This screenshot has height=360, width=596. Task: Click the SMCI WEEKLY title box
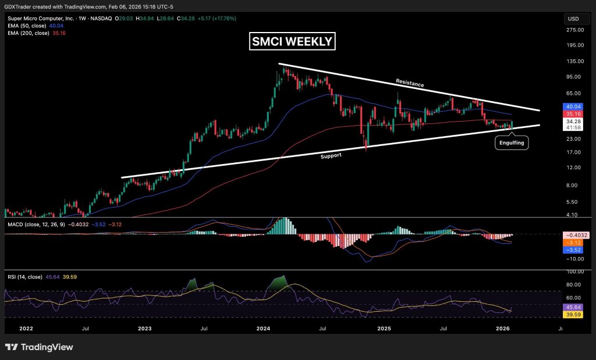(x=292, y=41)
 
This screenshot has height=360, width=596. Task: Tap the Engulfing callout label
(x=512, y=143)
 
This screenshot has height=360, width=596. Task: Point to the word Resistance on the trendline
(x=410, y=83)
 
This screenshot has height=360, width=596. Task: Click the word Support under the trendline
(x=331, y=156)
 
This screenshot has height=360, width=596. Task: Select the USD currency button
(x=573, y=19)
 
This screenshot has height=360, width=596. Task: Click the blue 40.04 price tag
(x=573, y=106)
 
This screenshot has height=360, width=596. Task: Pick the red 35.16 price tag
(x=573, y=114)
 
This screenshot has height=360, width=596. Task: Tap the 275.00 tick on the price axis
(x=574, y=30)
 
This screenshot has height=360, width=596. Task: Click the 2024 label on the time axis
(x=264, y=329)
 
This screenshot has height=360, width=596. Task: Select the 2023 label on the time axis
(x=145, y=329)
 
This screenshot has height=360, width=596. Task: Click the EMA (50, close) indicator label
(x=27, y=26)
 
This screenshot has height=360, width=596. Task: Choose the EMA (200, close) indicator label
(x=29, y=33)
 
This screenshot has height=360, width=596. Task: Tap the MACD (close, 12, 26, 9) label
(x=37, y=224)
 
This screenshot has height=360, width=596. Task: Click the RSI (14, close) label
(x=25, y=277)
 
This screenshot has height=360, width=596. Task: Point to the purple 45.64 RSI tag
(x=573, y=307)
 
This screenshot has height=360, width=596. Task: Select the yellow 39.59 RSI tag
(x=573, y=315)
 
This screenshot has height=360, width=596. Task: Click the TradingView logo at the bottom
(x=39, y=347)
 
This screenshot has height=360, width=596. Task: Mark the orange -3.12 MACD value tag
(x=576, y=243)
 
